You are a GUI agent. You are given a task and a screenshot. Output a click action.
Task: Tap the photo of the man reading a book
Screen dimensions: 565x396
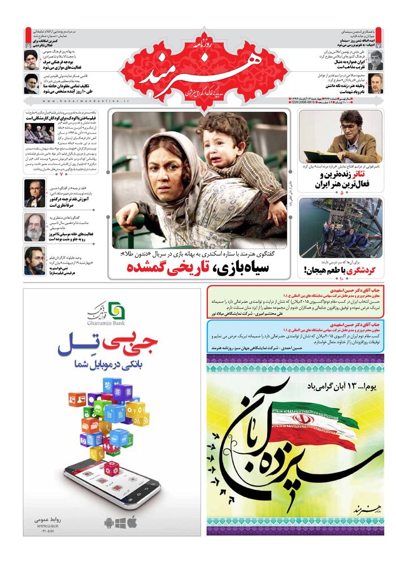pos(340,136)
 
